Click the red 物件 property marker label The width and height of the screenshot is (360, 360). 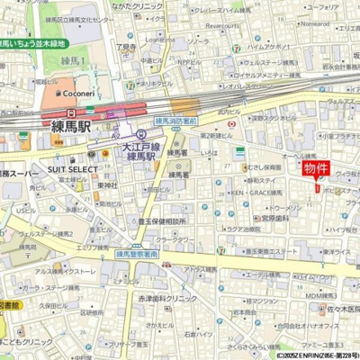tap(316, 168)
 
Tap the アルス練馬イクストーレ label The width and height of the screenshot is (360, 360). tap(65, 271)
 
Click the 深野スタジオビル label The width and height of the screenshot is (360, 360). tap(274, 117)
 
